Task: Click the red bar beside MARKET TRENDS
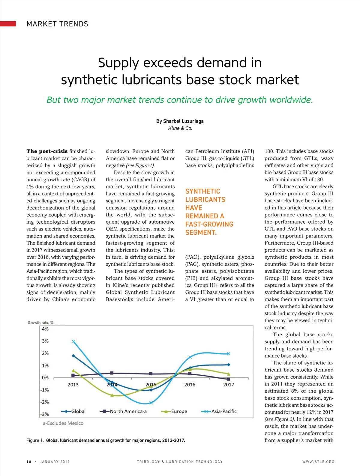tap(8, 24)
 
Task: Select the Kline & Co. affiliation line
tap(180, 128)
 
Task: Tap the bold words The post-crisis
tap(47, 151)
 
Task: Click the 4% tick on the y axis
tap(45, 329)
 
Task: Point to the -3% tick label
tap(45, 414)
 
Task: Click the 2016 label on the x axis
tap(190, 385)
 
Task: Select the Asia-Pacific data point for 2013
tap(73, 341)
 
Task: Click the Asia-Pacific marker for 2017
tap(229, 354)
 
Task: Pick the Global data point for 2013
tap(73, 356)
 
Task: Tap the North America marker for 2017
tap(228, 379)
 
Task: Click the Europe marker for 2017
tap(229, 374)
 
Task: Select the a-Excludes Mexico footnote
tap(63, 423)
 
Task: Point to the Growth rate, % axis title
tap(40, 323)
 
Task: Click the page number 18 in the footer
tap(29, 462)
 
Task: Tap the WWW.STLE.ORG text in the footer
tap(318, 462)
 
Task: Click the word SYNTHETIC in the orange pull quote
tap(203, 192)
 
